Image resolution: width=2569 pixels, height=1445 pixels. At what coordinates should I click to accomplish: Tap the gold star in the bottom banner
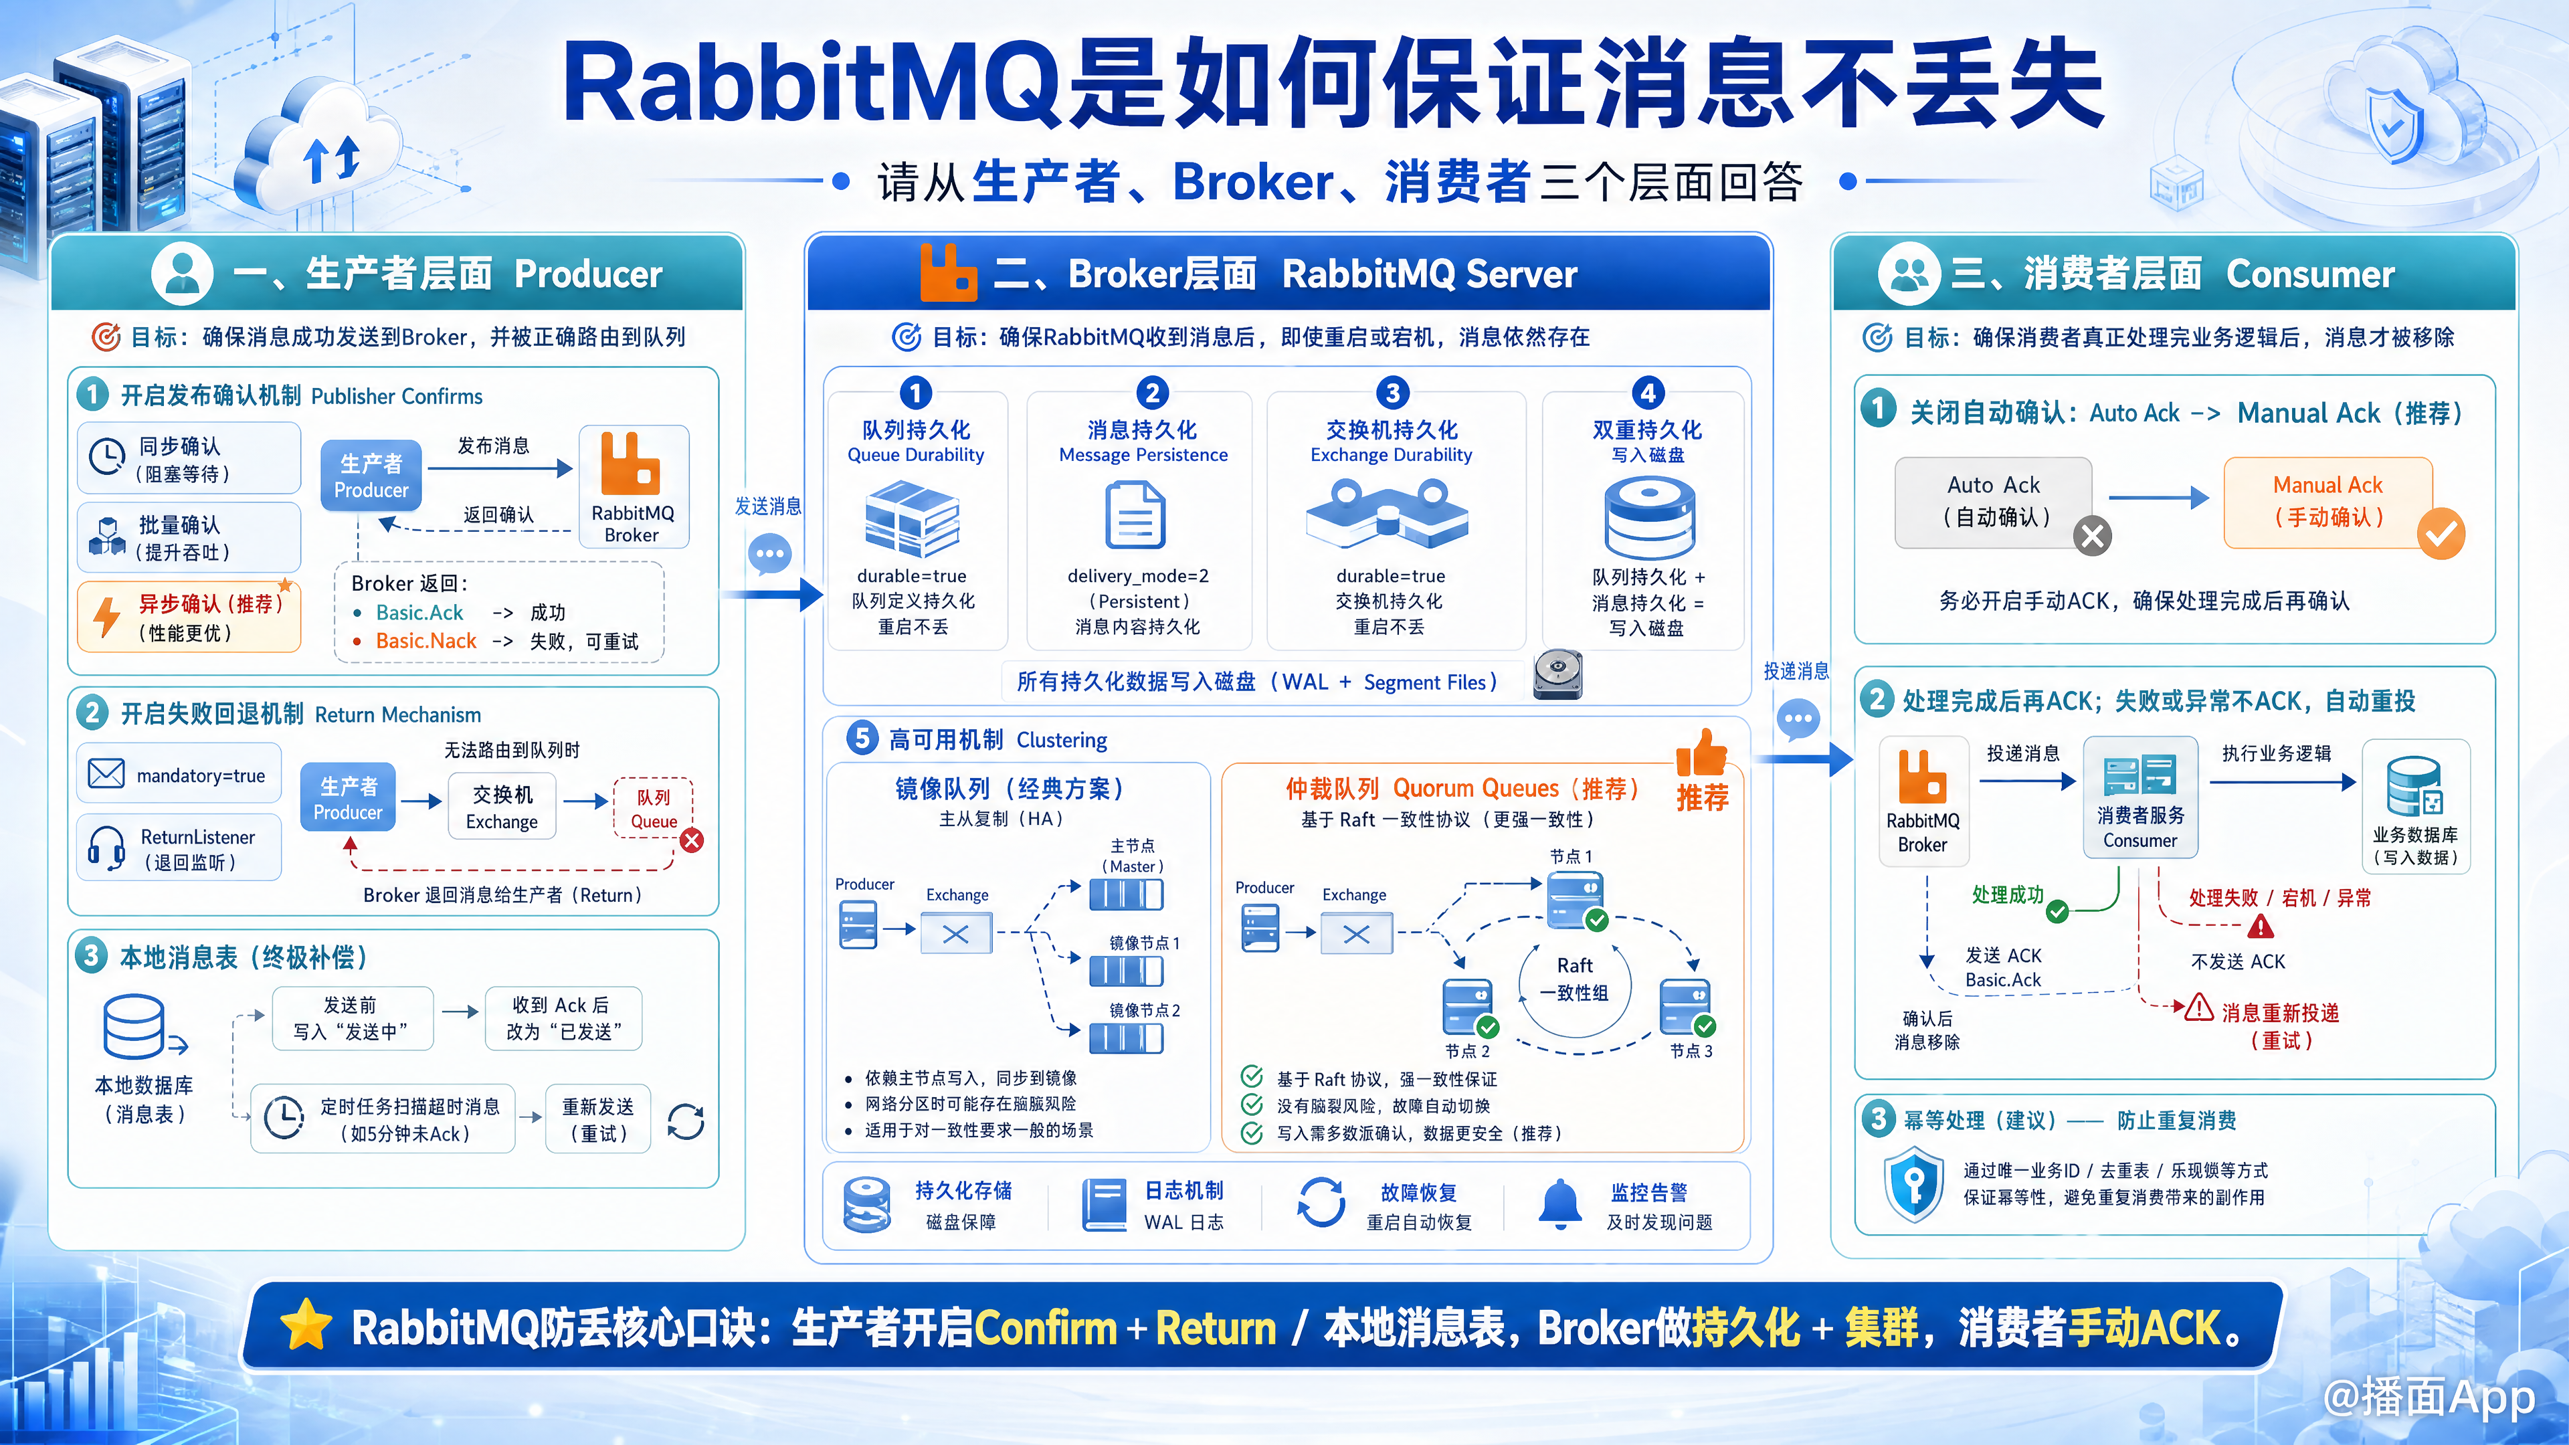click(306, 1327)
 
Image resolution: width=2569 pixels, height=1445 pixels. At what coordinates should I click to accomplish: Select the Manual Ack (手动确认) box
click(2327, 502)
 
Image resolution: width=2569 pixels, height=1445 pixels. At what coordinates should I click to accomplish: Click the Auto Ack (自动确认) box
click(1994, 502)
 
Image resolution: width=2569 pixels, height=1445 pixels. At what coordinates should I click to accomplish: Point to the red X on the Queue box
click(691, 841)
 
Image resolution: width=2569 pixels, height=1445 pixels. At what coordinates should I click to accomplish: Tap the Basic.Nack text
click(426, 642)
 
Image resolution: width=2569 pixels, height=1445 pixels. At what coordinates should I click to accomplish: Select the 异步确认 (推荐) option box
click(189, 617)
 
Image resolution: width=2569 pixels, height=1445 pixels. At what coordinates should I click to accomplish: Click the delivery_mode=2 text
click(1138, 577)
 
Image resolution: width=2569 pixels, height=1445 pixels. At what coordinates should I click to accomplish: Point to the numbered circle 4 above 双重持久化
click(1648, 393)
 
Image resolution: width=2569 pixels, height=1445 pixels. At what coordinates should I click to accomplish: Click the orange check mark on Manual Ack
click(2441, 535)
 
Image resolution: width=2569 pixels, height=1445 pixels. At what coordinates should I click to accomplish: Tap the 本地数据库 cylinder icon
click(134, 1026)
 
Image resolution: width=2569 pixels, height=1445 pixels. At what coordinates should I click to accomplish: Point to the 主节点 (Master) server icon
click(1126, 894)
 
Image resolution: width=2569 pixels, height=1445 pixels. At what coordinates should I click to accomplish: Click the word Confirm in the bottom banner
click(1045, 1327)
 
